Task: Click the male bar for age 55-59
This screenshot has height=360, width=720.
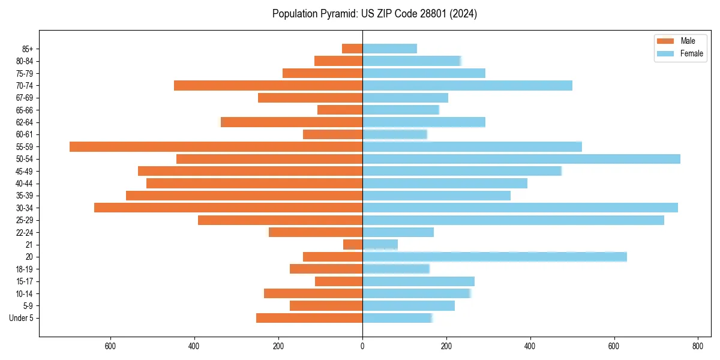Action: (x=216, y=146)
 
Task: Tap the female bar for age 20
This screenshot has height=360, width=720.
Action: (x=494, y=257)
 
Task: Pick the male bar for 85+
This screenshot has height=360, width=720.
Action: (x=352, y=49)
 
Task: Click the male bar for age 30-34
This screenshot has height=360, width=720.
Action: (x=228, y=208)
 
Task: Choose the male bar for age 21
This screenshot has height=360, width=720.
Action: (x=353, y=244)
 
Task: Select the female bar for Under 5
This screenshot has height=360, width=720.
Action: (x=397, y=318)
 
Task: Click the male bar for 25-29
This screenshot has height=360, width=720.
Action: (x=280, y=220)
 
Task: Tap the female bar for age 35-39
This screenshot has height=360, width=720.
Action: (x=436, y=196)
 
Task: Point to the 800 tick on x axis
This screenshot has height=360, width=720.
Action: (x=697, y=346)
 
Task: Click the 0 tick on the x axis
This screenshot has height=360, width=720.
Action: (x=362, y=346)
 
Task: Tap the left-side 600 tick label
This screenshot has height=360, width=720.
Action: (x=110, y=346)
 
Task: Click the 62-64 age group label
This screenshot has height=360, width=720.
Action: (x=25, y=122)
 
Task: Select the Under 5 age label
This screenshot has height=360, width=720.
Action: (x=21, y=318)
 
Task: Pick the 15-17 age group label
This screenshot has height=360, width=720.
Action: (x=25, y=281)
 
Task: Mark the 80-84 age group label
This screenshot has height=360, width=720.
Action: (x=25, y=61)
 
